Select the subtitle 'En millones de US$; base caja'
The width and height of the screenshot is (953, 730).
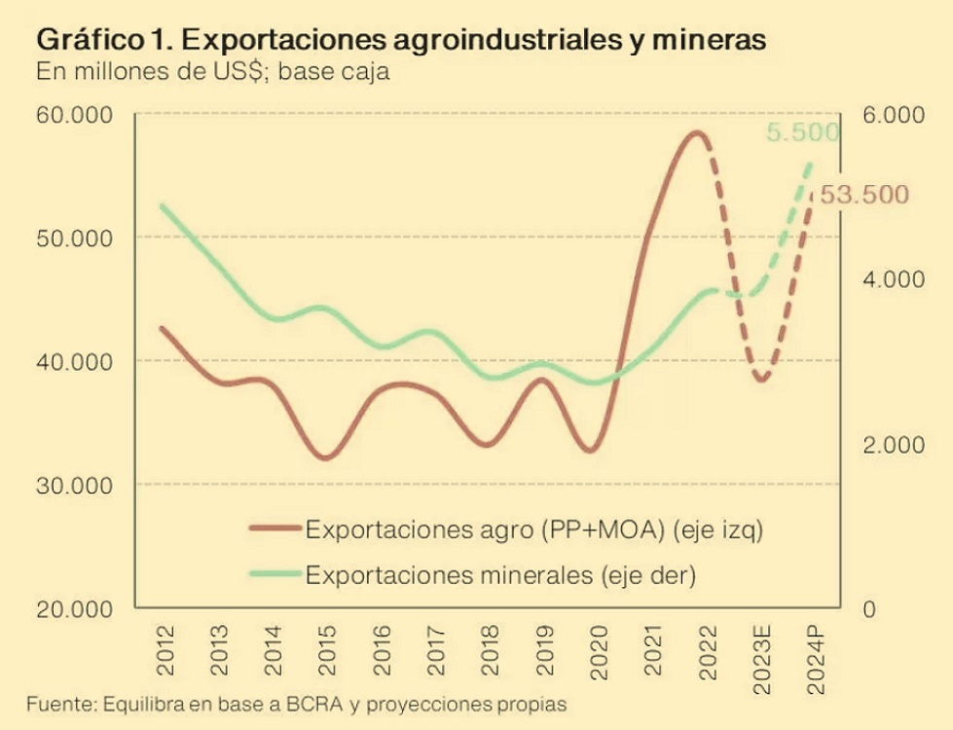213,72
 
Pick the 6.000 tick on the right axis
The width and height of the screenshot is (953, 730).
892,115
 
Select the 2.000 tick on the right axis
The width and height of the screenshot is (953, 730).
892,445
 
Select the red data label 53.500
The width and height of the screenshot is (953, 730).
863,195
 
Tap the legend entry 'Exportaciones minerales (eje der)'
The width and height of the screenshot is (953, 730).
500,574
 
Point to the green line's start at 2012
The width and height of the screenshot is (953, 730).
162,205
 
